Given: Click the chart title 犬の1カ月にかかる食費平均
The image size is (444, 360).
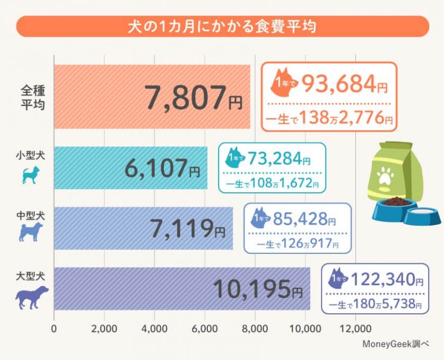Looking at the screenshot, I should [x=222, y=27].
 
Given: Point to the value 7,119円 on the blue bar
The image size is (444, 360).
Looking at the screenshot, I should [x=180, y=229].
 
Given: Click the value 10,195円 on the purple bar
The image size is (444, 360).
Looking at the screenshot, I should [x=258, y=289].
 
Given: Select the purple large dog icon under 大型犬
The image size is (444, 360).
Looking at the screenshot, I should [x=31, y=297].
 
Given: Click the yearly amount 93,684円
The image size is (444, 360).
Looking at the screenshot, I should [x=339, y=83].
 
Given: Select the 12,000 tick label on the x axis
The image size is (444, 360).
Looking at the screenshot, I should [x=355, y=328].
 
